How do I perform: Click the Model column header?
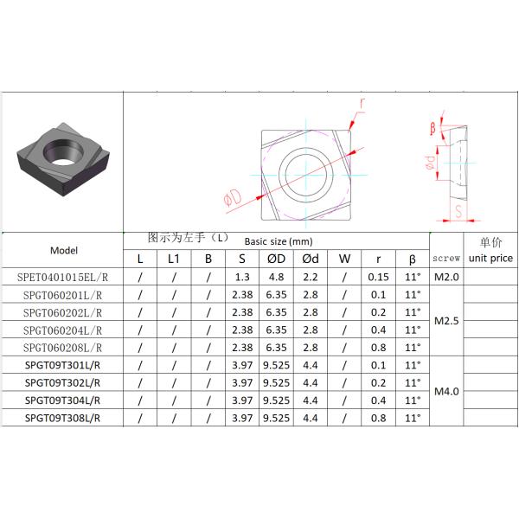tap(64, 250)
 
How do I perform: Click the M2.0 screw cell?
tap(446, 277)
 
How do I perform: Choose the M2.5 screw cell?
tap(446, 321)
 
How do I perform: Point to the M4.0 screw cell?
tap(446, 391)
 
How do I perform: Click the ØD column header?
tap(276, 259)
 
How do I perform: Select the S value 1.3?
tap(242, 277)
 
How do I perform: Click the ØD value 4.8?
tap(276, 277)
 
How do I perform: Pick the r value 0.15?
tap(378, 277)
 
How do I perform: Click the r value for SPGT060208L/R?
tap(378, 347)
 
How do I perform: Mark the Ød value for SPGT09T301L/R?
tap(310, 365)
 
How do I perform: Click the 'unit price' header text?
tap(490, 259)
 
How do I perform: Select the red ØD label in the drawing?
tap(231, 200)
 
